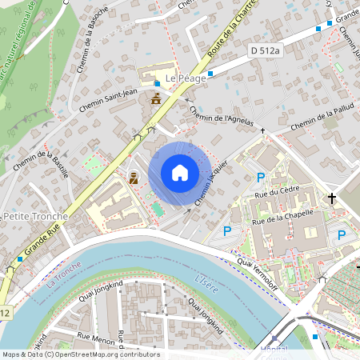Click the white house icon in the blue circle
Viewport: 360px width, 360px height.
pyautogui.click(x=179, y=173)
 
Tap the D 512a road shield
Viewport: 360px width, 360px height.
pyautogui.click(x=265, y=50)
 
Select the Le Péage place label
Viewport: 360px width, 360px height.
pyautogui.click(x=186, y=78)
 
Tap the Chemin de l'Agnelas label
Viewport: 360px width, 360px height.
pyautogui.click(x=223, y=118)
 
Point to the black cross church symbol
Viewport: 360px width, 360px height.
pyautogui.click(x=331, y=198)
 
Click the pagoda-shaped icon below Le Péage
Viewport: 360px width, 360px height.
pyautogui.click(x=156, y=99)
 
